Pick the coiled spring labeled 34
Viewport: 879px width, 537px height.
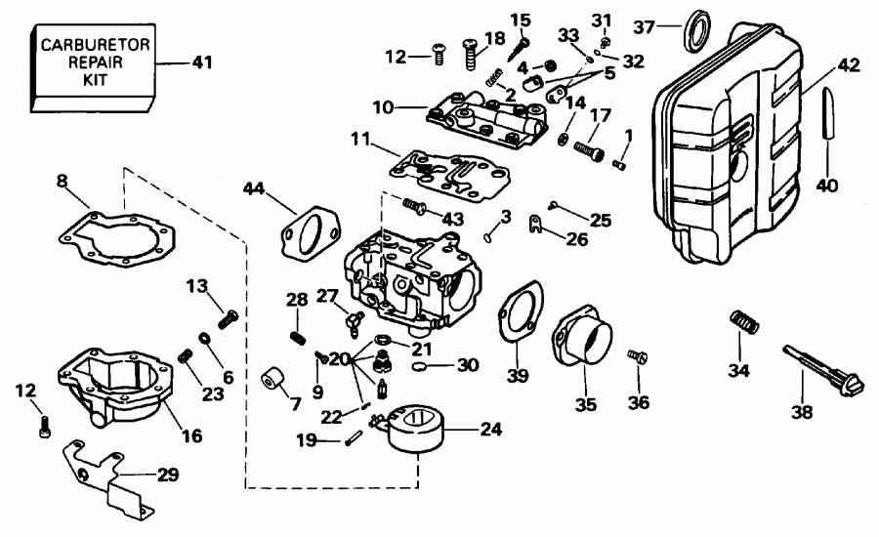click(x=744, y=322)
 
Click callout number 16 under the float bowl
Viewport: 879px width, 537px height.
click(x=191, y=435)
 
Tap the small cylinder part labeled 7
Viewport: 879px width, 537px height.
click(x=272, y=380)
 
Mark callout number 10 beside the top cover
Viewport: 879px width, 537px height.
click(x=382, y=104)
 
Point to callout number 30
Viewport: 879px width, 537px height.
click(x=468, y=366)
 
